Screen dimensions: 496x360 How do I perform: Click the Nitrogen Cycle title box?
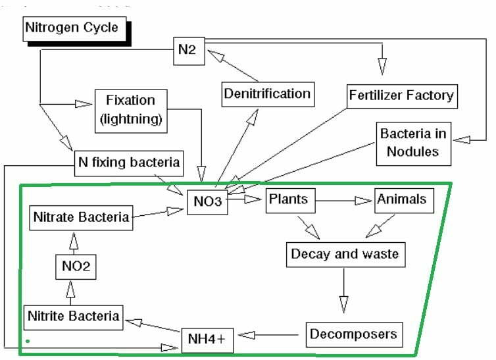point(74,29)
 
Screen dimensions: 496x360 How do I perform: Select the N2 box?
point(189,51)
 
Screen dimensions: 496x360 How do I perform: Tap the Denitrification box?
point(268,94)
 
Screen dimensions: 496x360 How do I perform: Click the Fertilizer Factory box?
point(402,96)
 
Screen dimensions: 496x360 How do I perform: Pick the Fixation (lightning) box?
point(131,111)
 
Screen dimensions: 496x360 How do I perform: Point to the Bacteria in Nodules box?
point(413,144)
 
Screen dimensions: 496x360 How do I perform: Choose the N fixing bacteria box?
point(129,163)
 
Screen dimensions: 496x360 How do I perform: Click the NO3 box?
point(207,202)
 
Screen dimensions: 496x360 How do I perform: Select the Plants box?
point(290,201)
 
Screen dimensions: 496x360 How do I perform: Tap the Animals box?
point(404,201)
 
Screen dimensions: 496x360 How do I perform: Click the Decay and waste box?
point(346,255)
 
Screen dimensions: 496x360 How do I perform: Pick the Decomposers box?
point(355,335)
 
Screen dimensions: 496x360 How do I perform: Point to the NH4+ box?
point(207,340)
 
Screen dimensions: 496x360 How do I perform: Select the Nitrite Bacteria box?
point(74,317)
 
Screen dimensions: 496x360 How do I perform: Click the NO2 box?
point(76,267)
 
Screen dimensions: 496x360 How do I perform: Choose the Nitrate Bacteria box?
point(81,218)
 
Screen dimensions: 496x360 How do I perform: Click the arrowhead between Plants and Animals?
point(363,201)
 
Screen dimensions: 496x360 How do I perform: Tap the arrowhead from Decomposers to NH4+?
point(247,335)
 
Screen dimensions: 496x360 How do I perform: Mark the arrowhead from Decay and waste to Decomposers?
point(344,304)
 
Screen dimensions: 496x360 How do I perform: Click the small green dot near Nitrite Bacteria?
point(28,341)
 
